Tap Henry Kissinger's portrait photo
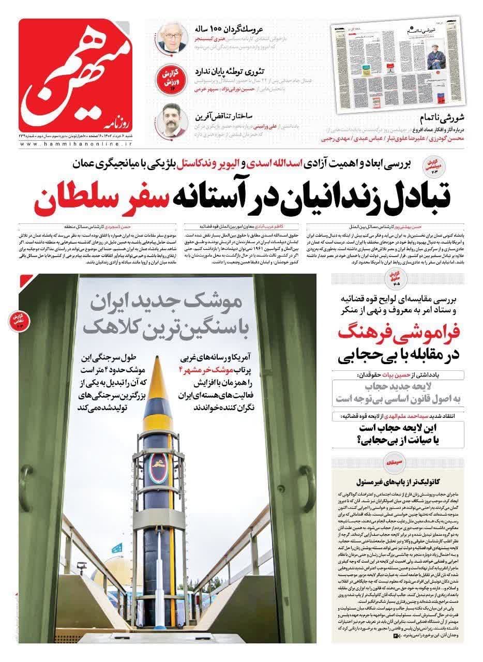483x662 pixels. point(172,37)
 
